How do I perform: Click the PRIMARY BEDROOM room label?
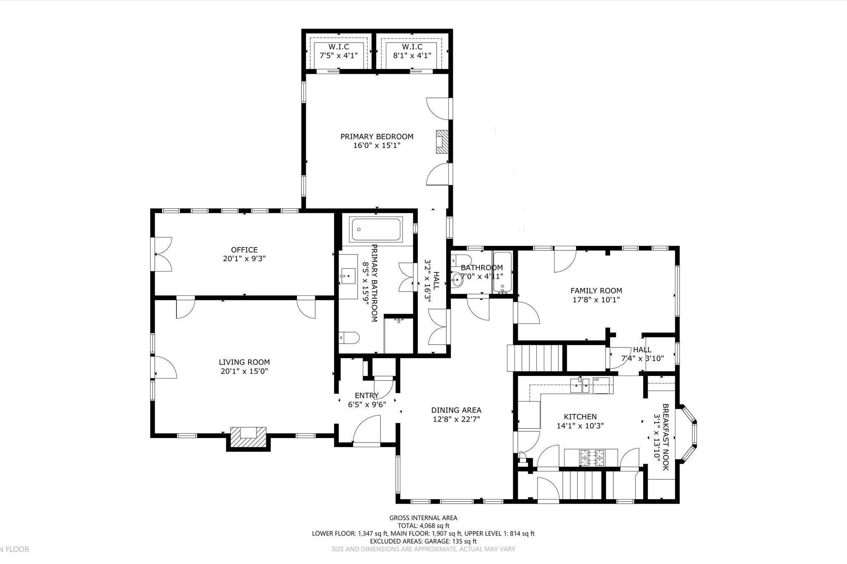[377, 137]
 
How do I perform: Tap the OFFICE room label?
[244, 250]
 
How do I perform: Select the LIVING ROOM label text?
[244, 362]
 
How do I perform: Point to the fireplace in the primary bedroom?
[443, 142]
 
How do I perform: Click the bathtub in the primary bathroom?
[376, 230]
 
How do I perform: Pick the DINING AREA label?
[456, 410]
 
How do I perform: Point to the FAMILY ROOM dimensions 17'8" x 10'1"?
[596, 300]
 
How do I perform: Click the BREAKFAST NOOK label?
[665, 437]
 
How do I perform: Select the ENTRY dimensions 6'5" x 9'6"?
[367, 405]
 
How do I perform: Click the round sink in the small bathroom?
[457, 281]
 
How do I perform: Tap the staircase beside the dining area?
[535, 358]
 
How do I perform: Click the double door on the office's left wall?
[162, 254]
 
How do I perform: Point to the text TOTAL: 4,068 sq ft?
[423, 526]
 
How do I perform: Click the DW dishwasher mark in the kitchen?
[596, 379]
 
